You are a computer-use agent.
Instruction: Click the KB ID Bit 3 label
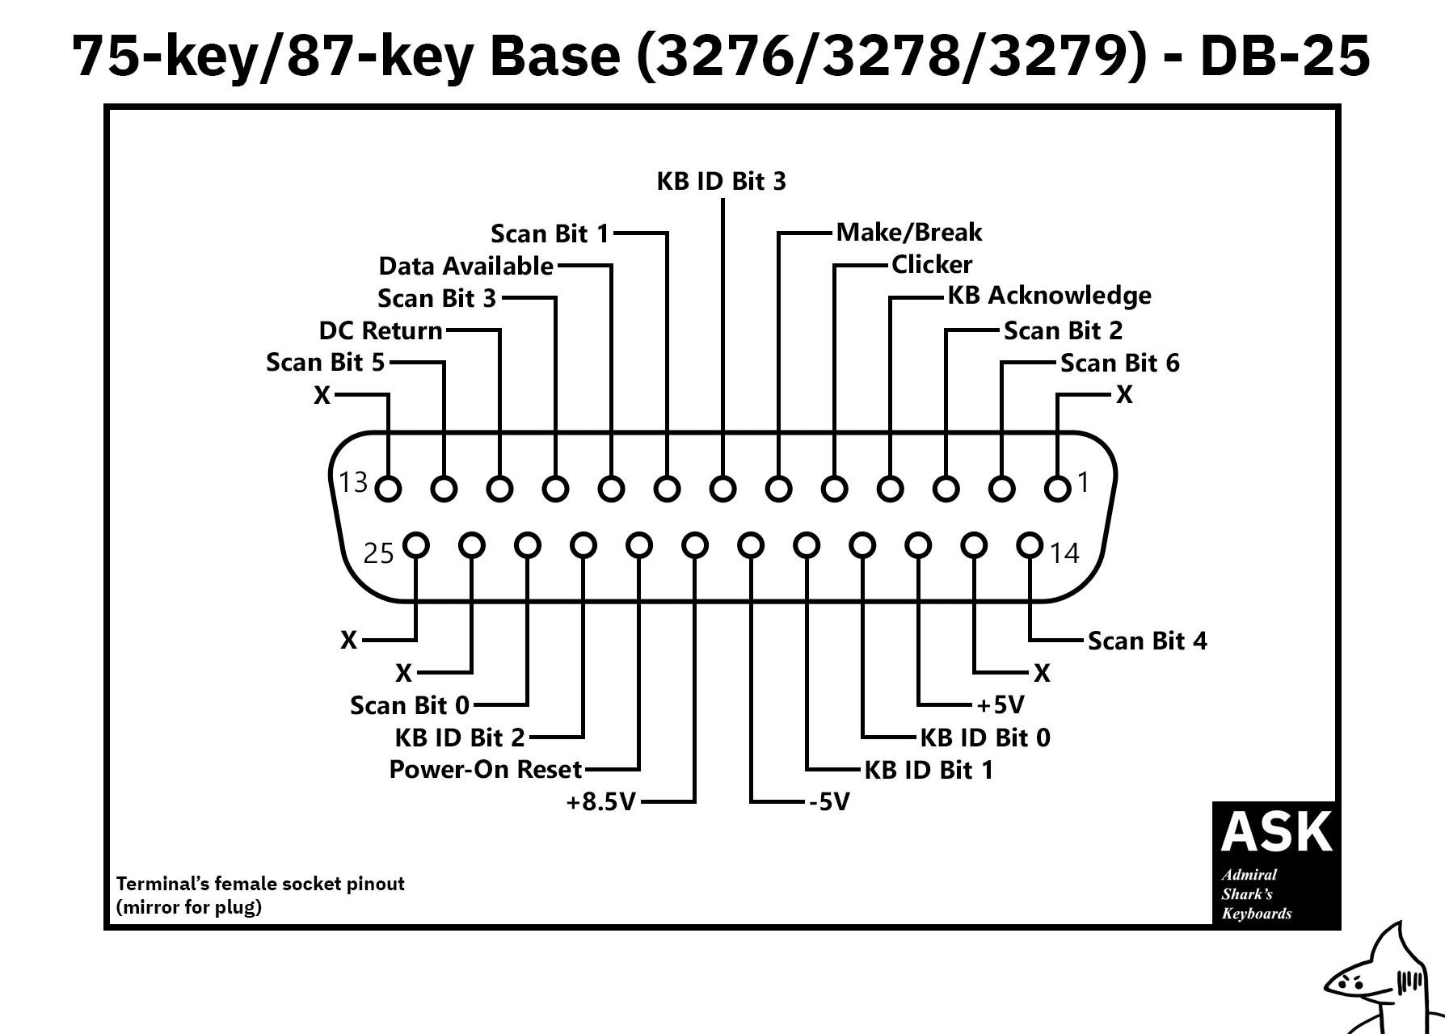(x=721, y=181)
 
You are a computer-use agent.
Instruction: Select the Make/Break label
(x=909, y=233)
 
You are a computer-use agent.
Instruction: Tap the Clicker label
(x=932, y=265)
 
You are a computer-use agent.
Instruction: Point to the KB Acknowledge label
(x=1049, y=296)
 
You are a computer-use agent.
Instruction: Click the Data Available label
(x=466, y=266)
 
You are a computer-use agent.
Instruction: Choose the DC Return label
(x=381, y=330)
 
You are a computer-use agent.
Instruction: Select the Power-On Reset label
(x=486, y=769)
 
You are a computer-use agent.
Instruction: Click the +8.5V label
(x=601, y=801)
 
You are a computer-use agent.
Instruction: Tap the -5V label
(x=829, y=801)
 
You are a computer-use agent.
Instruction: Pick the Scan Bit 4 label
(x=1148, y=641)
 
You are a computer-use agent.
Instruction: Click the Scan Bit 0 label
(x=410, y=705)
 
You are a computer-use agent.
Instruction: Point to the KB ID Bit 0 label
(x=985, y=738)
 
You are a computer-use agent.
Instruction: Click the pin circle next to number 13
(x=389, y=489)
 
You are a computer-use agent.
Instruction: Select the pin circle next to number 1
(x=1057, y=489)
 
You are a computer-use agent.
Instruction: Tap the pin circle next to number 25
(x=416, y=545)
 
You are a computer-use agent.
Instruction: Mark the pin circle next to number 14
(x=1030, y=545)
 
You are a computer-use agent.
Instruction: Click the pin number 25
(x=378, y=553)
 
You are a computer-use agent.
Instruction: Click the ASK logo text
(x=1276, y=832)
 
